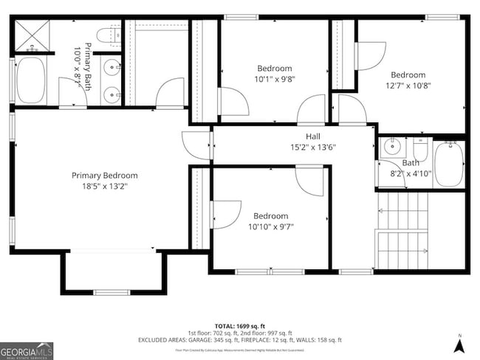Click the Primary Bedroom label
pyautogui.click(x=104, y=175)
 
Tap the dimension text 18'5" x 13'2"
pyautogui.click(x=104, y=187)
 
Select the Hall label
pyautogui.click(x=313, y=136)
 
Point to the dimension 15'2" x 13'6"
pyautogui.click(x=313, y=147)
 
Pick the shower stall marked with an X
pyautogui.click(x=32, y=35)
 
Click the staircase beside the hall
pyautogui.click(x=402, y=230)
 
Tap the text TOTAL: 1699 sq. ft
pyautogui.click(x=239, y=325)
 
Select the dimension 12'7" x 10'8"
pyautogui.click(x=408, y=85)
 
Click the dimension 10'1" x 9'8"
pyautogui.click(x=274, y=79)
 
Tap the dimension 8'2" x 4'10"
pyautogui.click(x=411, y=173)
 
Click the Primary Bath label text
pyautogui.click(x=87, y=56)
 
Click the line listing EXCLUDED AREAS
pyautogui.click(x=239, y=339)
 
